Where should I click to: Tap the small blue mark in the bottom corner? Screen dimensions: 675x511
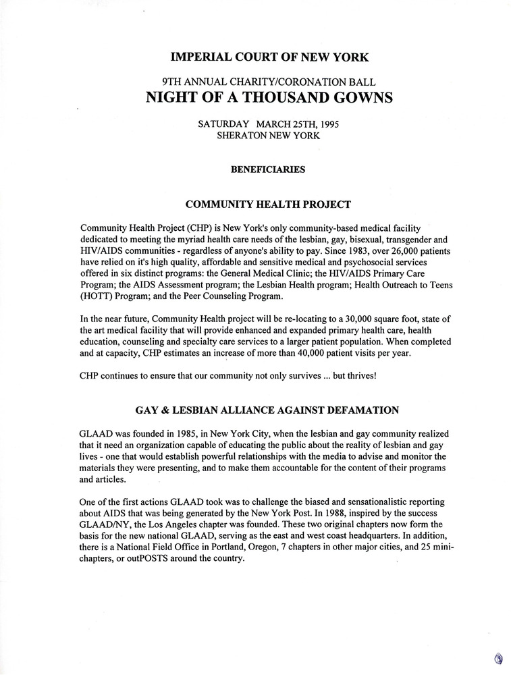coord(498,659)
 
